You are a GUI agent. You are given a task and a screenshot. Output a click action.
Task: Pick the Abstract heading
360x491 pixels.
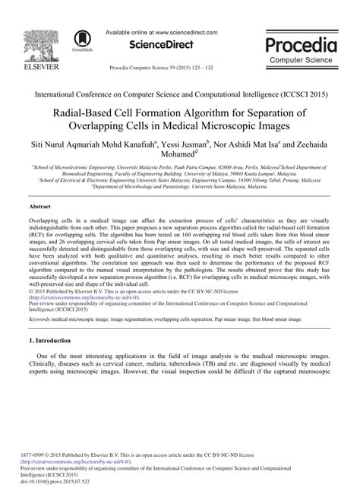pos(40,206)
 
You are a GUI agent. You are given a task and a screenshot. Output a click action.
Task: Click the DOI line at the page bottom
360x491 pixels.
pos(62,481)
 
